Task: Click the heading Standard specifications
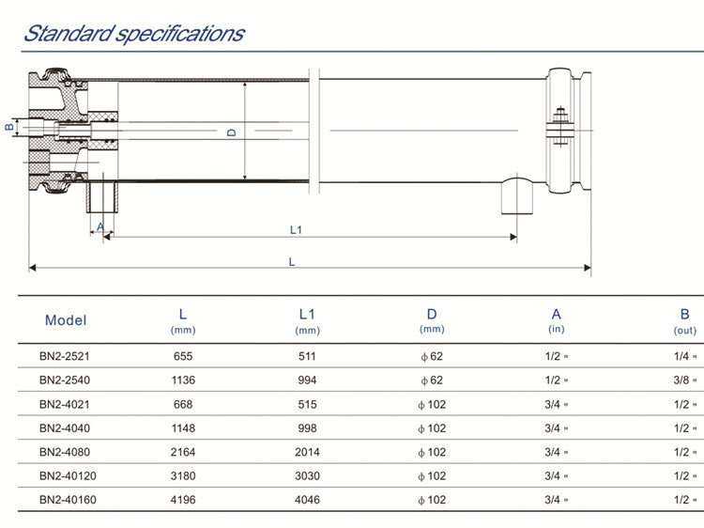point(133,35)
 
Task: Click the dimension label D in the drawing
point(232,132)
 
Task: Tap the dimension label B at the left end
point(8,126)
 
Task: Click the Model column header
point(66,320)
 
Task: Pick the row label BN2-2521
point(65,356)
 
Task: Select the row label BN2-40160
point(68,499)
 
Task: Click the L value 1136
point(183,380)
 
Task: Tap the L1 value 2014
point(307,452)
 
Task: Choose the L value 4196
point(183,499)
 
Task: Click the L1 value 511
point(307,356)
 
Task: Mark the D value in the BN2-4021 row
point(433,404)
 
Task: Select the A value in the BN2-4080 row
point(556,452)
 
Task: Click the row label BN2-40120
point(68,475)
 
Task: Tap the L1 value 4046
point(307,499)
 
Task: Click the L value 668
point(183,404)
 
